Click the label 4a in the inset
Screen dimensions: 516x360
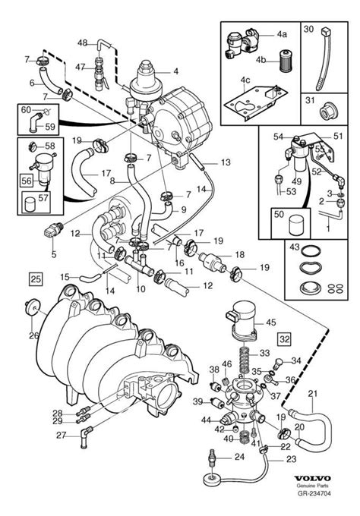click(x=282, y=35)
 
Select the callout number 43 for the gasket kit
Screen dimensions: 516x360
click(x=295, y=247)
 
